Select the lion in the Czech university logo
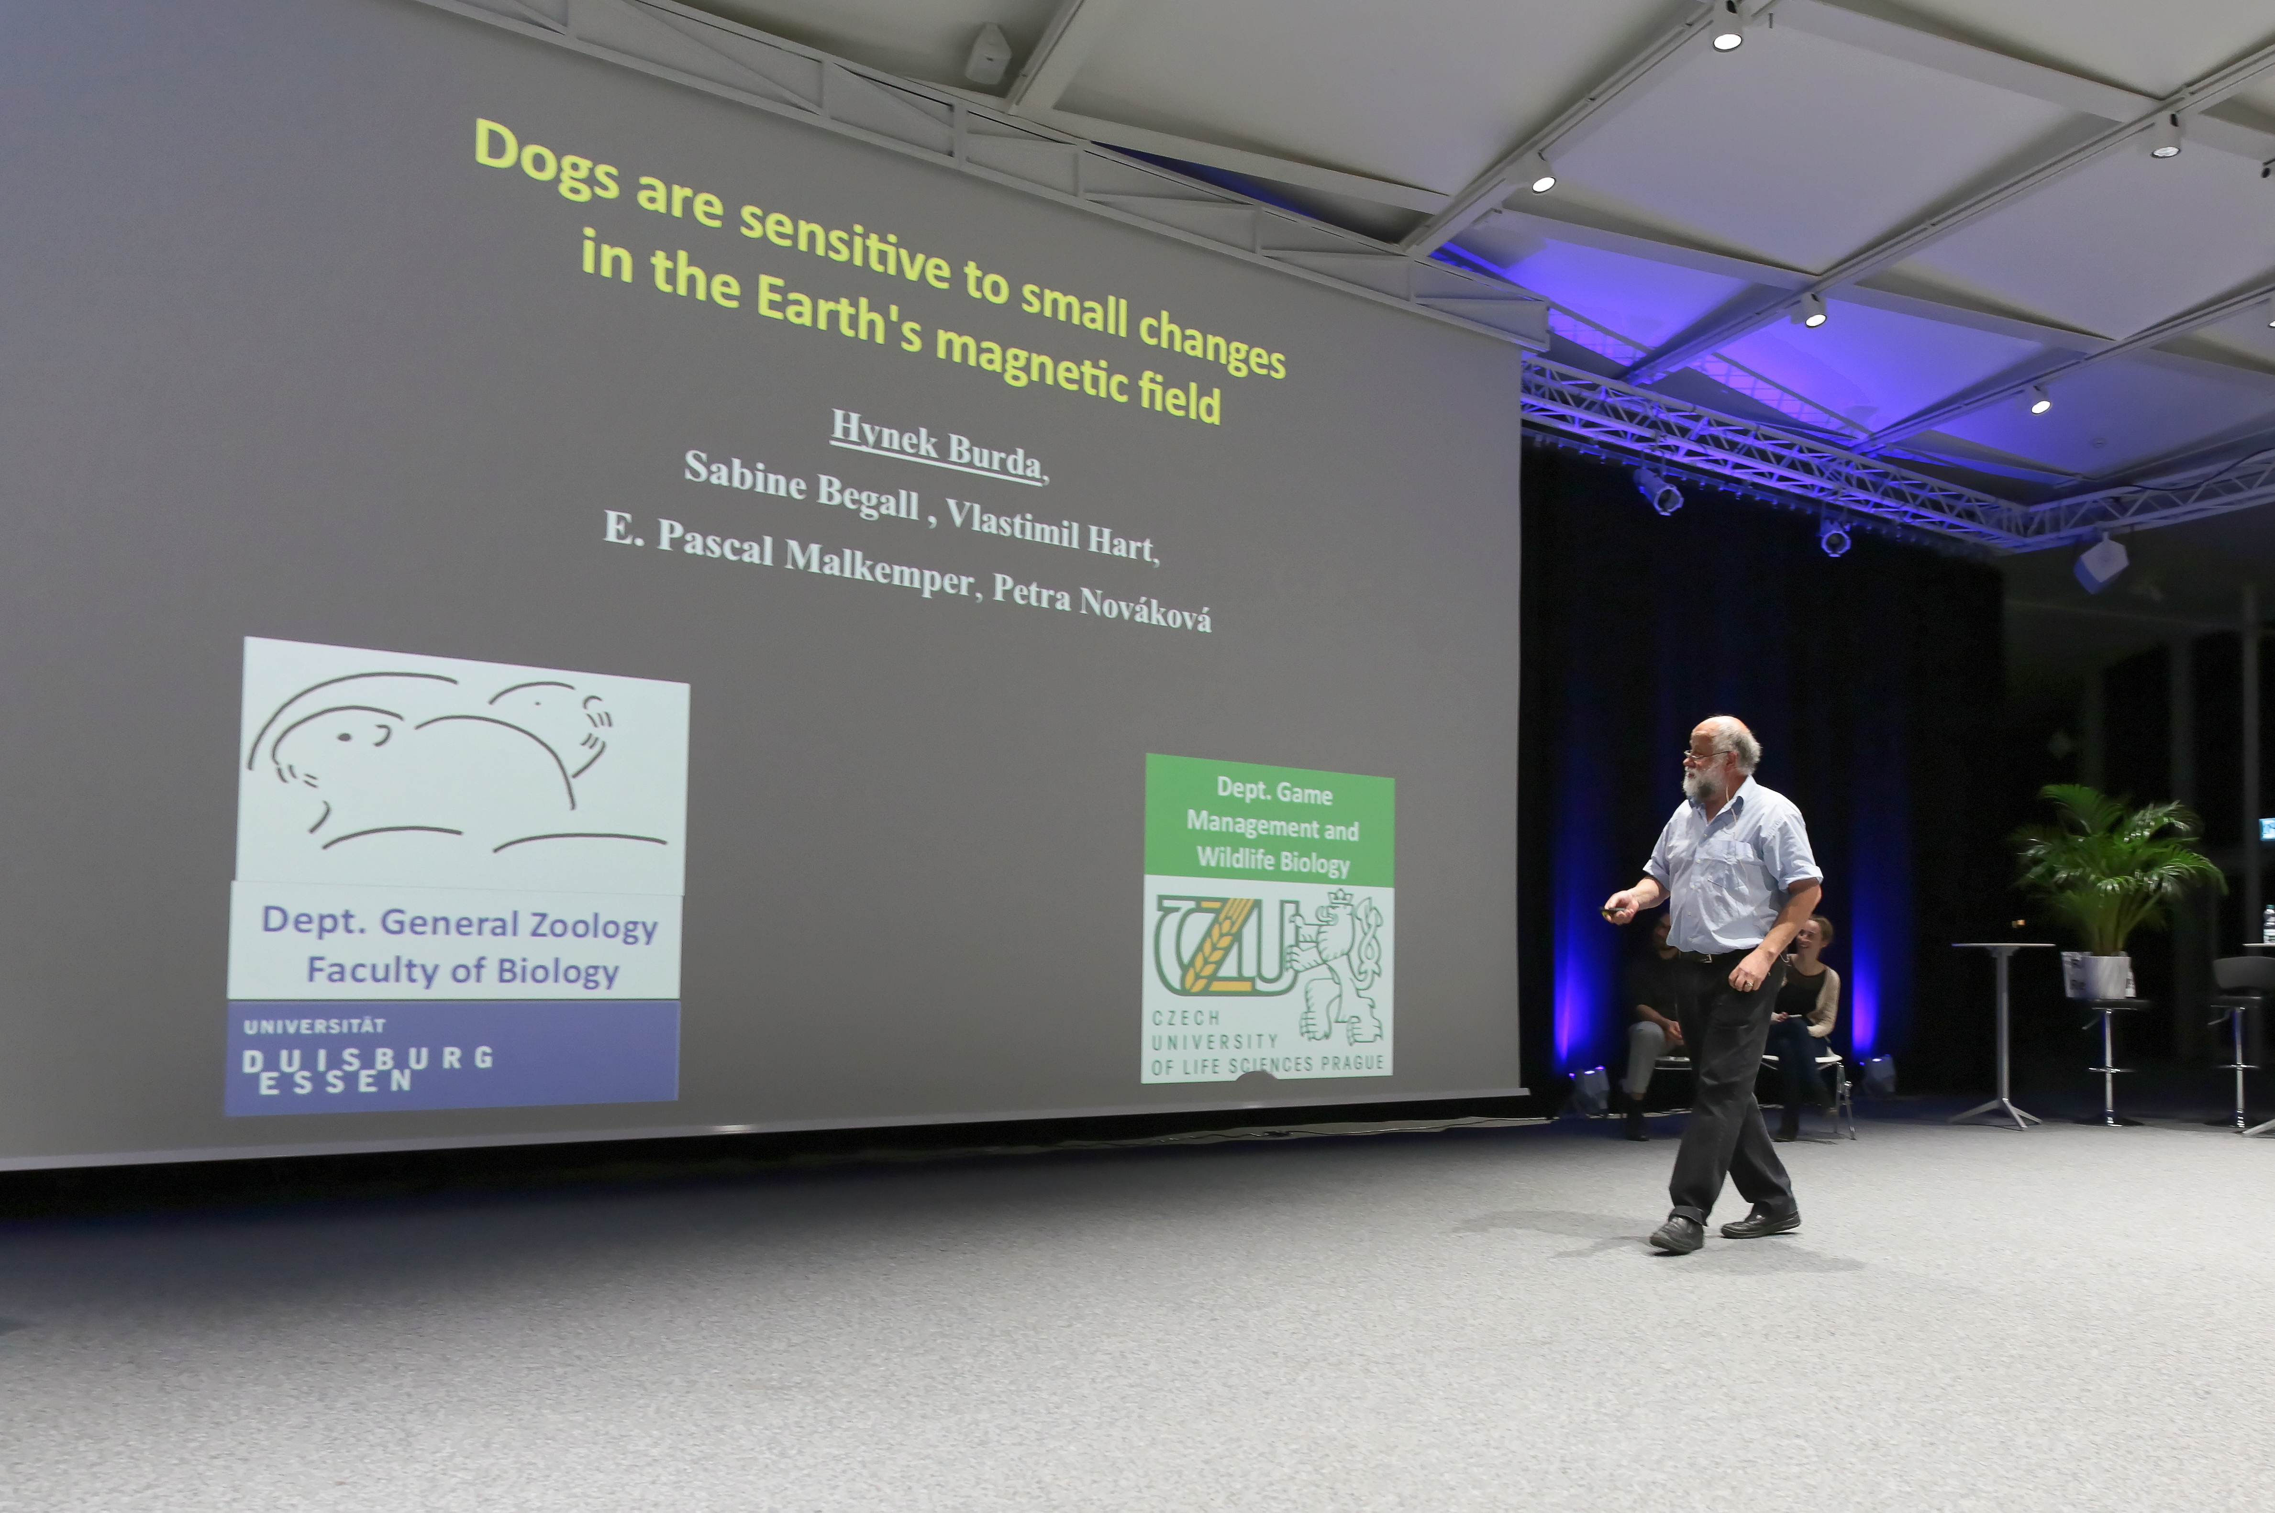click(x=1337, y=965)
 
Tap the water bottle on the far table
click(x=2267, y=924)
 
